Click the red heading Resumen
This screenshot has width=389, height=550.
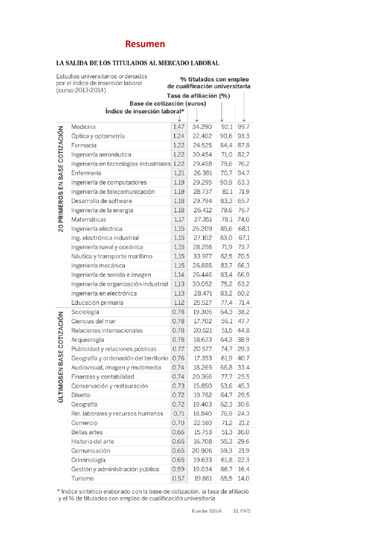145,44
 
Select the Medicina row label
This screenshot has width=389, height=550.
83,127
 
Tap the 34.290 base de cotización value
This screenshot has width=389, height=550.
202,127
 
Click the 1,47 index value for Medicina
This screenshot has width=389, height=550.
179,127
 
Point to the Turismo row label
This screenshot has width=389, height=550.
82,479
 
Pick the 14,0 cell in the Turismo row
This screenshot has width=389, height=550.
243,479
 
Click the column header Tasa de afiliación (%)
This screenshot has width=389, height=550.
198,96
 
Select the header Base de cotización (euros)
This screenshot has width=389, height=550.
168,104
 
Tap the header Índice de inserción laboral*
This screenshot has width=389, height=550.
145,111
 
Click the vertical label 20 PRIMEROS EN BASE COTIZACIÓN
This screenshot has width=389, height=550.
61,179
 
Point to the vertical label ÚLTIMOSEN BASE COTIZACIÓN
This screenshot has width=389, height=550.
61,357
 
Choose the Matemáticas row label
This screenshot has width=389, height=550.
89,220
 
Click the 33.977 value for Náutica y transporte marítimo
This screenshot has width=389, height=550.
202,257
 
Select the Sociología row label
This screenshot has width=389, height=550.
85,312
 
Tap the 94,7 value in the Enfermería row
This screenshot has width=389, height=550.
243,173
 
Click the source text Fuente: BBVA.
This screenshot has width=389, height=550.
208,511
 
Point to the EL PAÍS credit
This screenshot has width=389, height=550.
242,511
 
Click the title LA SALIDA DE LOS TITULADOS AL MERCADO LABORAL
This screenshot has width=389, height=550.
138,63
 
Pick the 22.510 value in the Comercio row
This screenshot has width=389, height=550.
202,423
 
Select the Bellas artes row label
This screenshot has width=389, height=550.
87,432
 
